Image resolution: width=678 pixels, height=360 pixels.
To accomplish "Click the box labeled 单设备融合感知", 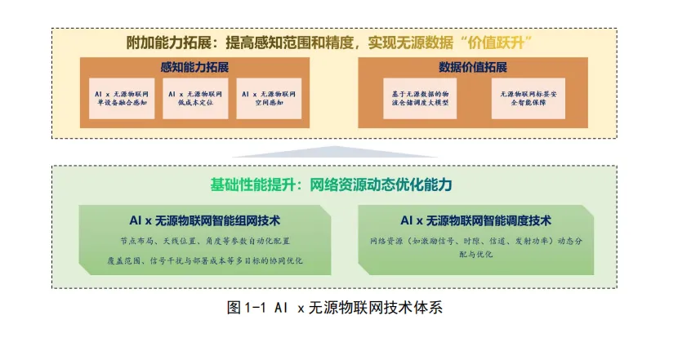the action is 122,99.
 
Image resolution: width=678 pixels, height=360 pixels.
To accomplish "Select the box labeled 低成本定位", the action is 195,99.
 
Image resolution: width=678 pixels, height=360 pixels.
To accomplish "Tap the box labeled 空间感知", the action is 269,99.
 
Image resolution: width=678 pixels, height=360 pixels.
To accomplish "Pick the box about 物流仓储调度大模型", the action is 420,99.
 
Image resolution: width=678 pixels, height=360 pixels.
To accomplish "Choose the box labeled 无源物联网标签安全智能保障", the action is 529,99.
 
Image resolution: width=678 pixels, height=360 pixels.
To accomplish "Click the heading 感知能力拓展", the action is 194,67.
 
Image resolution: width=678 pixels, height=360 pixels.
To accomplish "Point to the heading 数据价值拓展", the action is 473,67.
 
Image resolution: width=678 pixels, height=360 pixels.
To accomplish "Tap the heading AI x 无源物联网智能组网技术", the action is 204,220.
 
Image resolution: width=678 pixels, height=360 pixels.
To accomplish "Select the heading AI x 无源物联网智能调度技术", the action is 475,220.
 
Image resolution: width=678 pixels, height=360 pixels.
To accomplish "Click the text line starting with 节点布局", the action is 205,241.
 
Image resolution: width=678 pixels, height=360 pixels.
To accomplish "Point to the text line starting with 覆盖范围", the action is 205,260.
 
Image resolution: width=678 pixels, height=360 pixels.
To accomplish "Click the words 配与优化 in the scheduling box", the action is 475,254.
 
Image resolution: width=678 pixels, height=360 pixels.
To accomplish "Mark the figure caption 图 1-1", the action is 334,308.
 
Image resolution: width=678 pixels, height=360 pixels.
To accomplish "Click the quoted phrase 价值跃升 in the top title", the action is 496,42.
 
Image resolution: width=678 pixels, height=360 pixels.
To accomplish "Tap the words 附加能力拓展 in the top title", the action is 169,42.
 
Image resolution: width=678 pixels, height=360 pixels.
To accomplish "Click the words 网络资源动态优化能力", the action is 381,184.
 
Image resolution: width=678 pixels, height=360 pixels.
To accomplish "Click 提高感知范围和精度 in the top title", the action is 290,42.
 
